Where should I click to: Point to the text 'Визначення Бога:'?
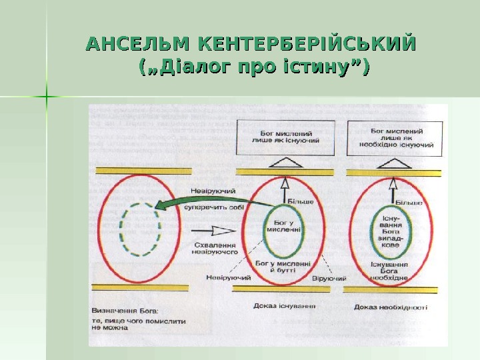click(x=129, y=311)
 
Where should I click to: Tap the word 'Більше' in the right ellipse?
click(x=409, y=202)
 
